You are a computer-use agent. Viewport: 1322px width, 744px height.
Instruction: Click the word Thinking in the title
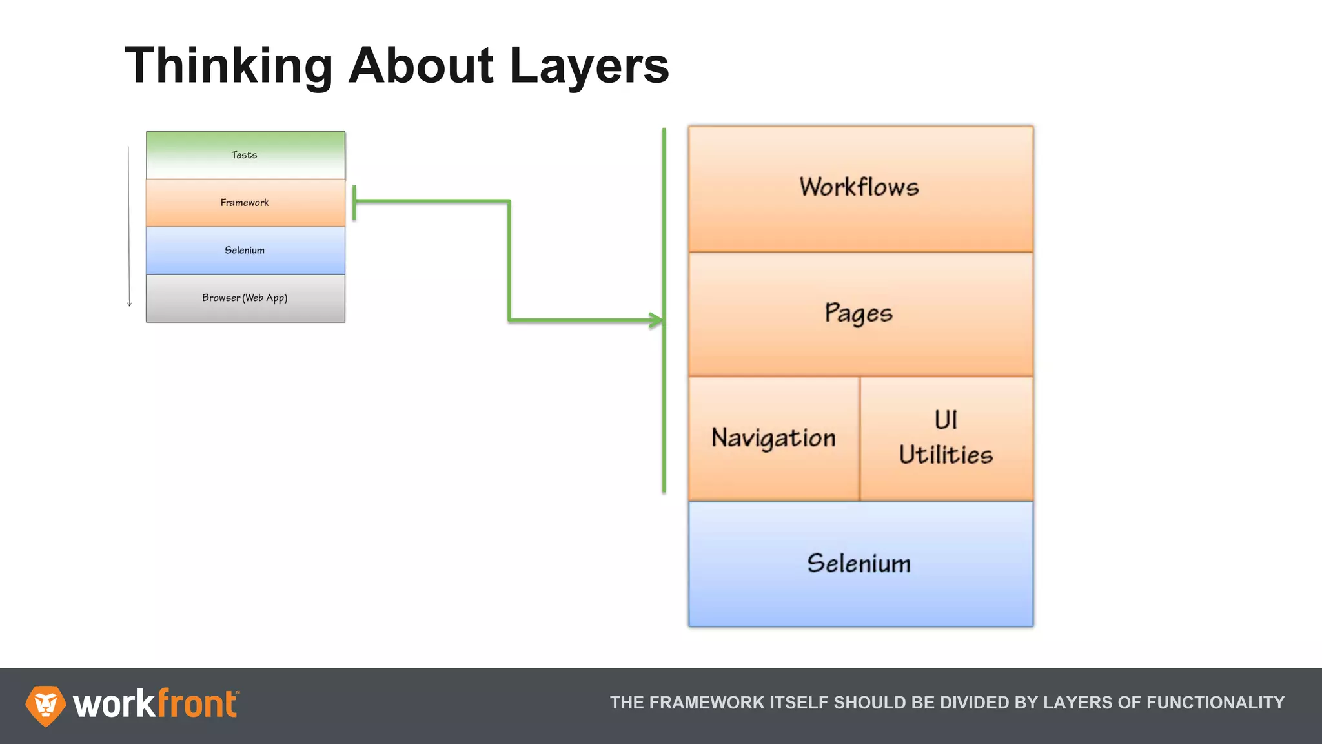point(229,67)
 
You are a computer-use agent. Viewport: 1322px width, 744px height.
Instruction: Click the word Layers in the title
point(589,67)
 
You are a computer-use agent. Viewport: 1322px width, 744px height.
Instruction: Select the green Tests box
point(245,155)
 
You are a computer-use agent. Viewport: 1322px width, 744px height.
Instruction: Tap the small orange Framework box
point(245,203)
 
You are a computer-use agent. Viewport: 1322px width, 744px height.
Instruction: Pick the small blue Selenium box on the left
point(245,251)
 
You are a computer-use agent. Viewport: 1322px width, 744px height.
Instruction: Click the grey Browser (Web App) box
point(245,298)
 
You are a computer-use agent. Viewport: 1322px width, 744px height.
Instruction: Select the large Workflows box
point(860,188)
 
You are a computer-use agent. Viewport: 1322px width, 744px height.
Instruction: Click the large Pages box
point(860,314)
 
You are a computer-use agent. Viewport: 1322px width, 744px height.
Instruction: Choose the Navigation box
point(773,439)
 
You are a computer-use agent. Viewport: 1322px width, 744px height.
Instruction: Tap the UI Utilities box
point(946,439)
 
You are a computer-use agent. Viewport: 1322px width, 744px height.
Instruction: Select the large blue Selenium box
point(860,564)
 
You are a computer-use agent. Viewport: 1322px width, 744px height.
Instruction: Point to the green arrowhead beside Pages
point(657,320)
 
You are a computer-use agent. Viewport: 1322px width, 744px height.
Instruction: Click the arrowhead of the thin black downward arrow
point(129,304)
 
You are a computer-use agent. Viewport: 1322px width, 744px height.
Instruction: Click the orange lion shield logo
point(45,705)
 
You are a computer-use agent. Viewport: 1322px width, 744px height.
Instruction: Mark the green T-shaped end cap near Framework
point(354,202)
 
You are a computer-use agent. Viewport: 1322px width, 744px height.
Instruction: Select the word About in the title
point(422,67)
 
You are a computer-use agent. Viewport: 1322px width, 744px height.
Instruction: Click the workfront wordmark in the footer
point(155,704)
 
